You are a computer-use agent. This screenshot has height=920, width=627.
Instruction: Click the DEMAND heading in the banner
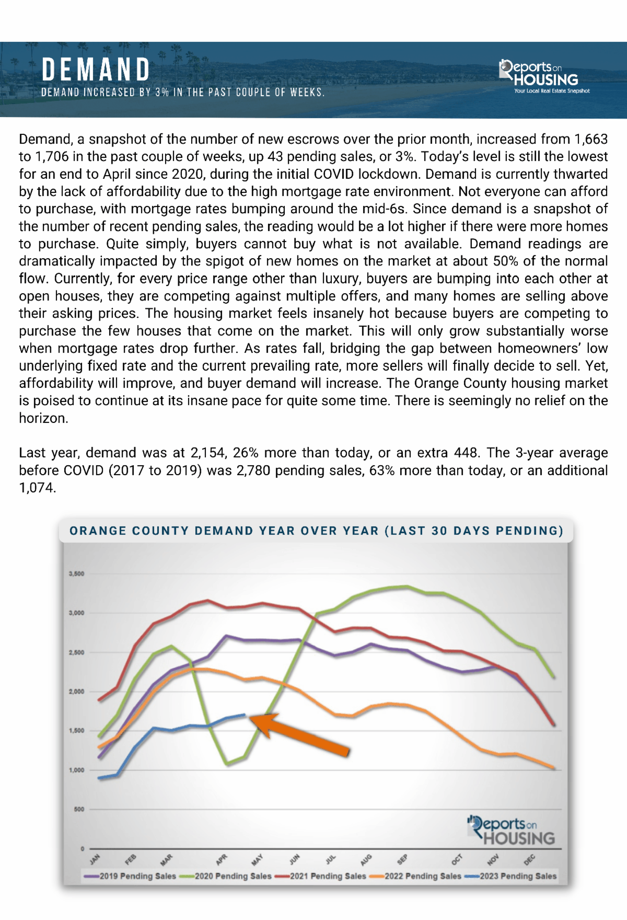tap(96, 70)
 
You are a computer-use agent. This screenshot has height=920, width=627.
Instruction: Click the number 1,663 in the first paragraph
tap(591, 139)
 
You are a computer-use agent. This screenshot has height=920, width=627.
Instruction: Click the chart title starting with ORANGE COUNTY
tap(316, 531)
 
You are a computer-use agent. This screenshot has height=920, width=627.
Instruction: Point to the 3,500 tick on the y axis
tap(76, 573)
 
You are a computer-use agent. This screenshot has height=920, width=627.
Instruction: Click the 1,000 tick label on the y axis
tap(76, 770)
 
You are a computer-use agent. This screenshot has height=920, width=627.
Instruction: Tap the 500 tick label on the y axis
tap(78, 809)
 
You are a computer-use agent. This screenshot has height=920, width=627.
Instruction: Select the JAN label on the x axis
tap(95, 859)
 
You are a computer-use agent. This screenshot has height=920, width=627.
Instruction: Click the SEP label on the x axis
tap(402, 859)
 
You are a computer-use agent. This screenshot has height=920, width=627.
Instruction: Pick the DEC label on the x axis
tap(529, 859)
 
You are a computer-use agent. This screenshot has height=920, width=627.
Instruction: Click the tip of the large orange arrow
tap(251, 719)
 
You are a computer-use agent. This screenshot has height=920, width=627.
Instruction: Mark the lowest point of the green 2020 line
tap(227, 764)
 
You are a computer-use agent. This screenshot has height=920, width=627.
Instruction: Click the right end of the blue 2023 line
tap(244, 715)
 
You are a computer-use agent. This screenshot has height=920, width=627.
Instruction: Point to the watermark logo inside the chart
tap(512, 831)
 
